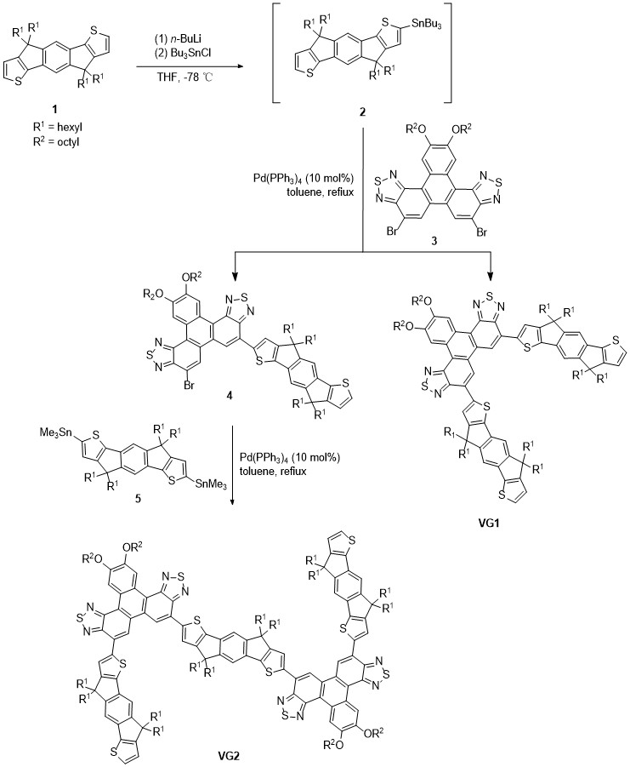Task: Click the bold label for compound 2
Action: click(x=362, y=112)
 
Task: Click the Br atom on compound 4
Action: click(x=190, y=386)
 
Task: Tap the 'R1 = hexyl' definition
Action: click(x=58, y=129)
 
